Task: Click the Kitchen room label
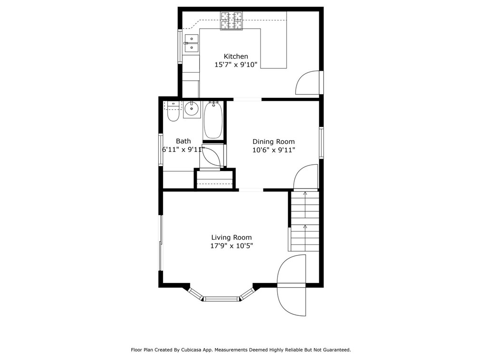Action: click(x=236, y=57)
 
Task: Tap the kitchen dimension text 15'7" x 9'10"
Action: click(x=236, y=65)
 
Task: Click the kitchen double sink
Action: click(x=191, y=43)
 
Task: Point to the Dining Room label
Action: click(x=273, y=142)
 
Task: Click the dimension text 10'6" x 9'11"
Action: click(x=273, y=150)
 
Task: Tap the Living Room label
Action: click(x=231, y=237)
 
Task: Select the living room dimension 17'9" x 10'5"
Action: click(x=231, y=246)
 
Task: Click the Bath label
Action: click(x=183, y=141)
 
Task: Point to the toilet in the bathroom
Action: click(x=173, y=113)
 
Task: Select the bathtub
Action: click(x=213, y=121)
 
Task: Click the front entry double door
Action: click(x=291, y=285)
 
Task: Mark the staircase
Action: click(x=304, y=221)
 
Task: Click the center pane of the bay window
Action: click(x=221, y=299)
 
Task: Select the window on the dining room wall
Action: click(x=321, y=142)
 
